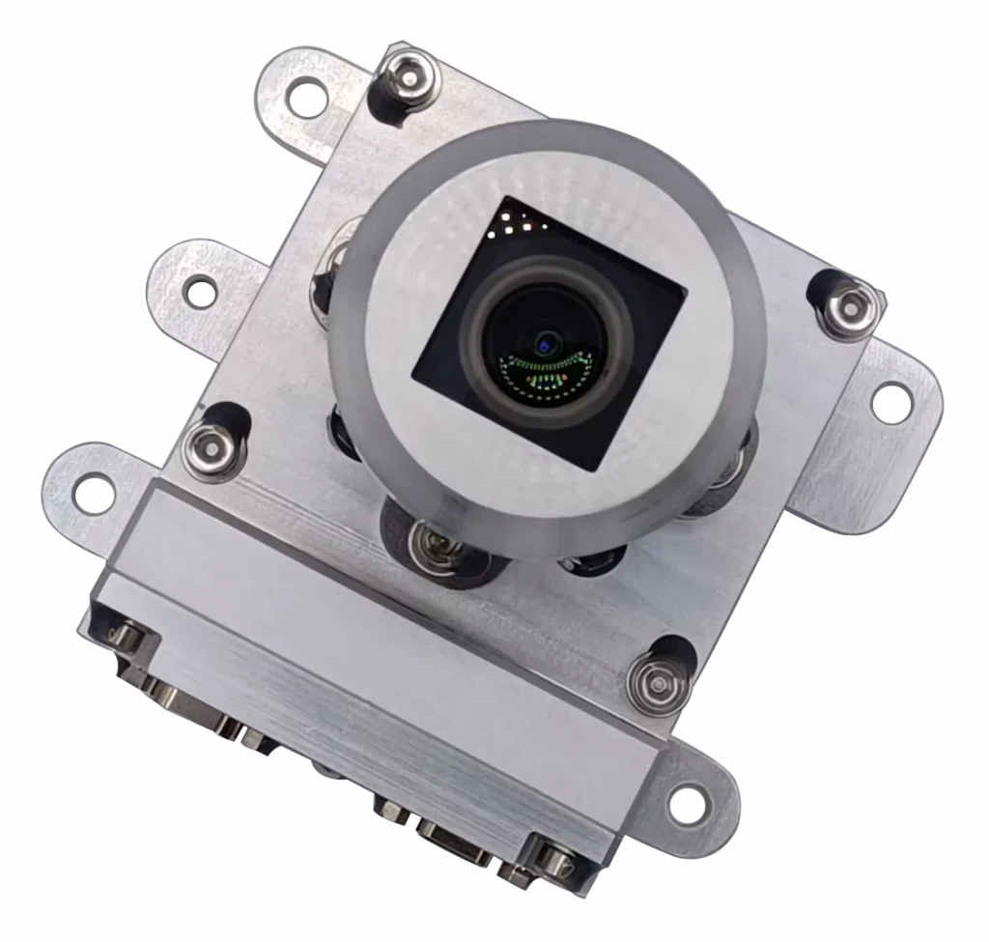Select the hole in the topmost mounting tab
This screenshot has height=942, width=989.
click(308, 96)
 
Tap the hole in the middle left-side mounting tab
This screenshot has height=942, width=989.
click(199, 287)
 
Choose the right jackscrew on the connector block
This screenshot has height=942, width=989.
click(553, 859)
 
